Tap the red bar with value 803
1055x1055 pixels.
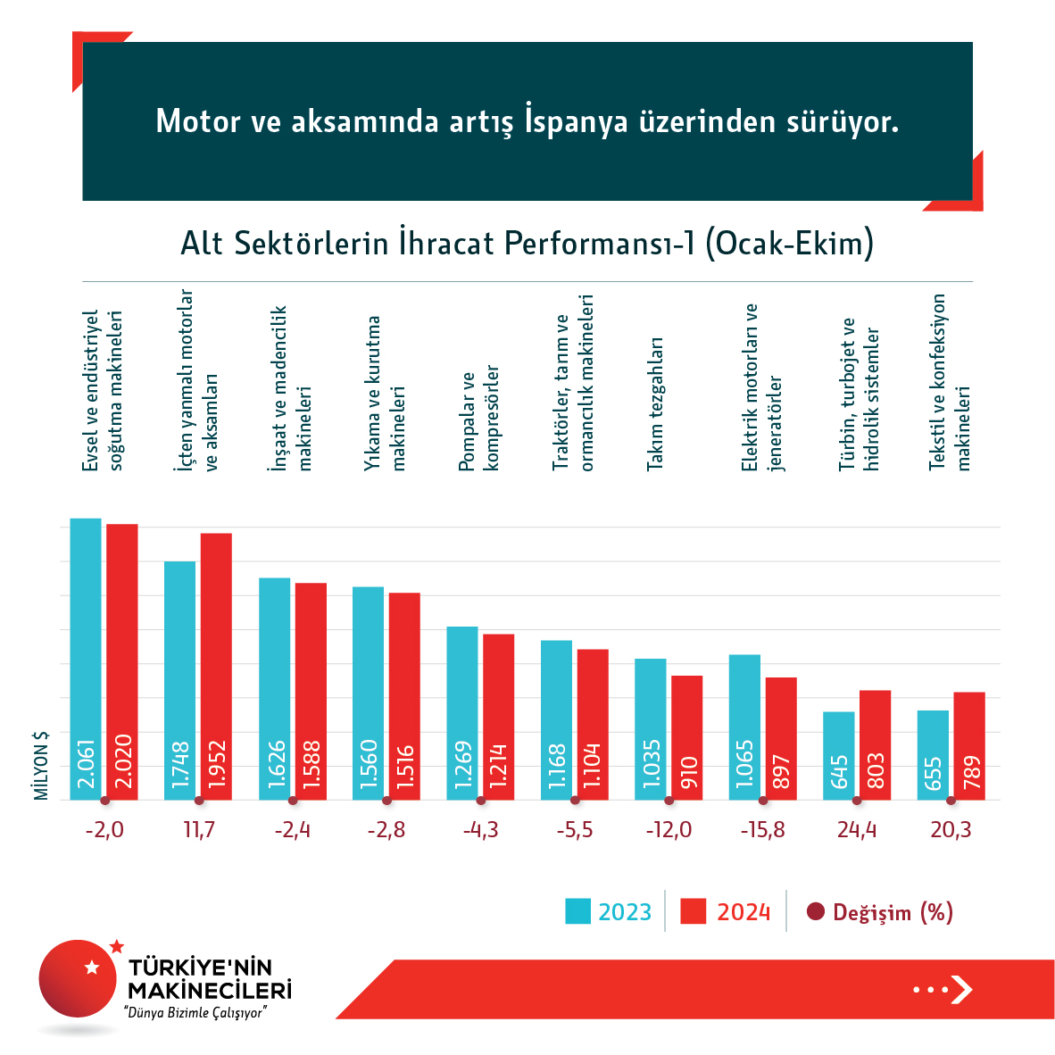(875, 744)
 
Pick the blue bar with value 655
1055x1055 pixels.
(933, 754)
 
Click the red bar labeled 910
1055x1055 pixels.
(686, 737)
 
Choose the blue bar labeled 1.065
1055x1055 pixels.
(744, 727)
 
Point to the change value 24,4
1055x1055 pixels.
(857, 830)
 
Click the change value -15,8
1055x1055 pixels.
(762, 830)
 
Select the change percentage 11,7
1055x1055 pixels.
(198, 830)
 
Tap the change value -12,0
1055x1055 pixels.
(669, 830)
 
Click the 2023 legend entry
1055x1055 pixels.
(609, 912)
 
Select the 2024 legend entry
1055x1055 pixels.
(726, 912)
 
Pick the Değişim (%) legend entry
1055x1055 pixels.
(880, 912)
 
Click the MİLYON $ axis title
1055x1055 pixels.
(41, 766)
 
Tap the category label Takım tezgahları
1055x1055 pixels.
(655, 403)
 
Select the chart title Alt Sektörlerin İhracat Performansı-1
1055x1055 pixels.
(527, 243)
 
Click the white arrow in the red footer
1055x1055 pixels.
(960, 990)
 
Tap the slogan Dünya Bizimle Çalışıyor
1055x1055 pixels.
(196, 1013)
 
